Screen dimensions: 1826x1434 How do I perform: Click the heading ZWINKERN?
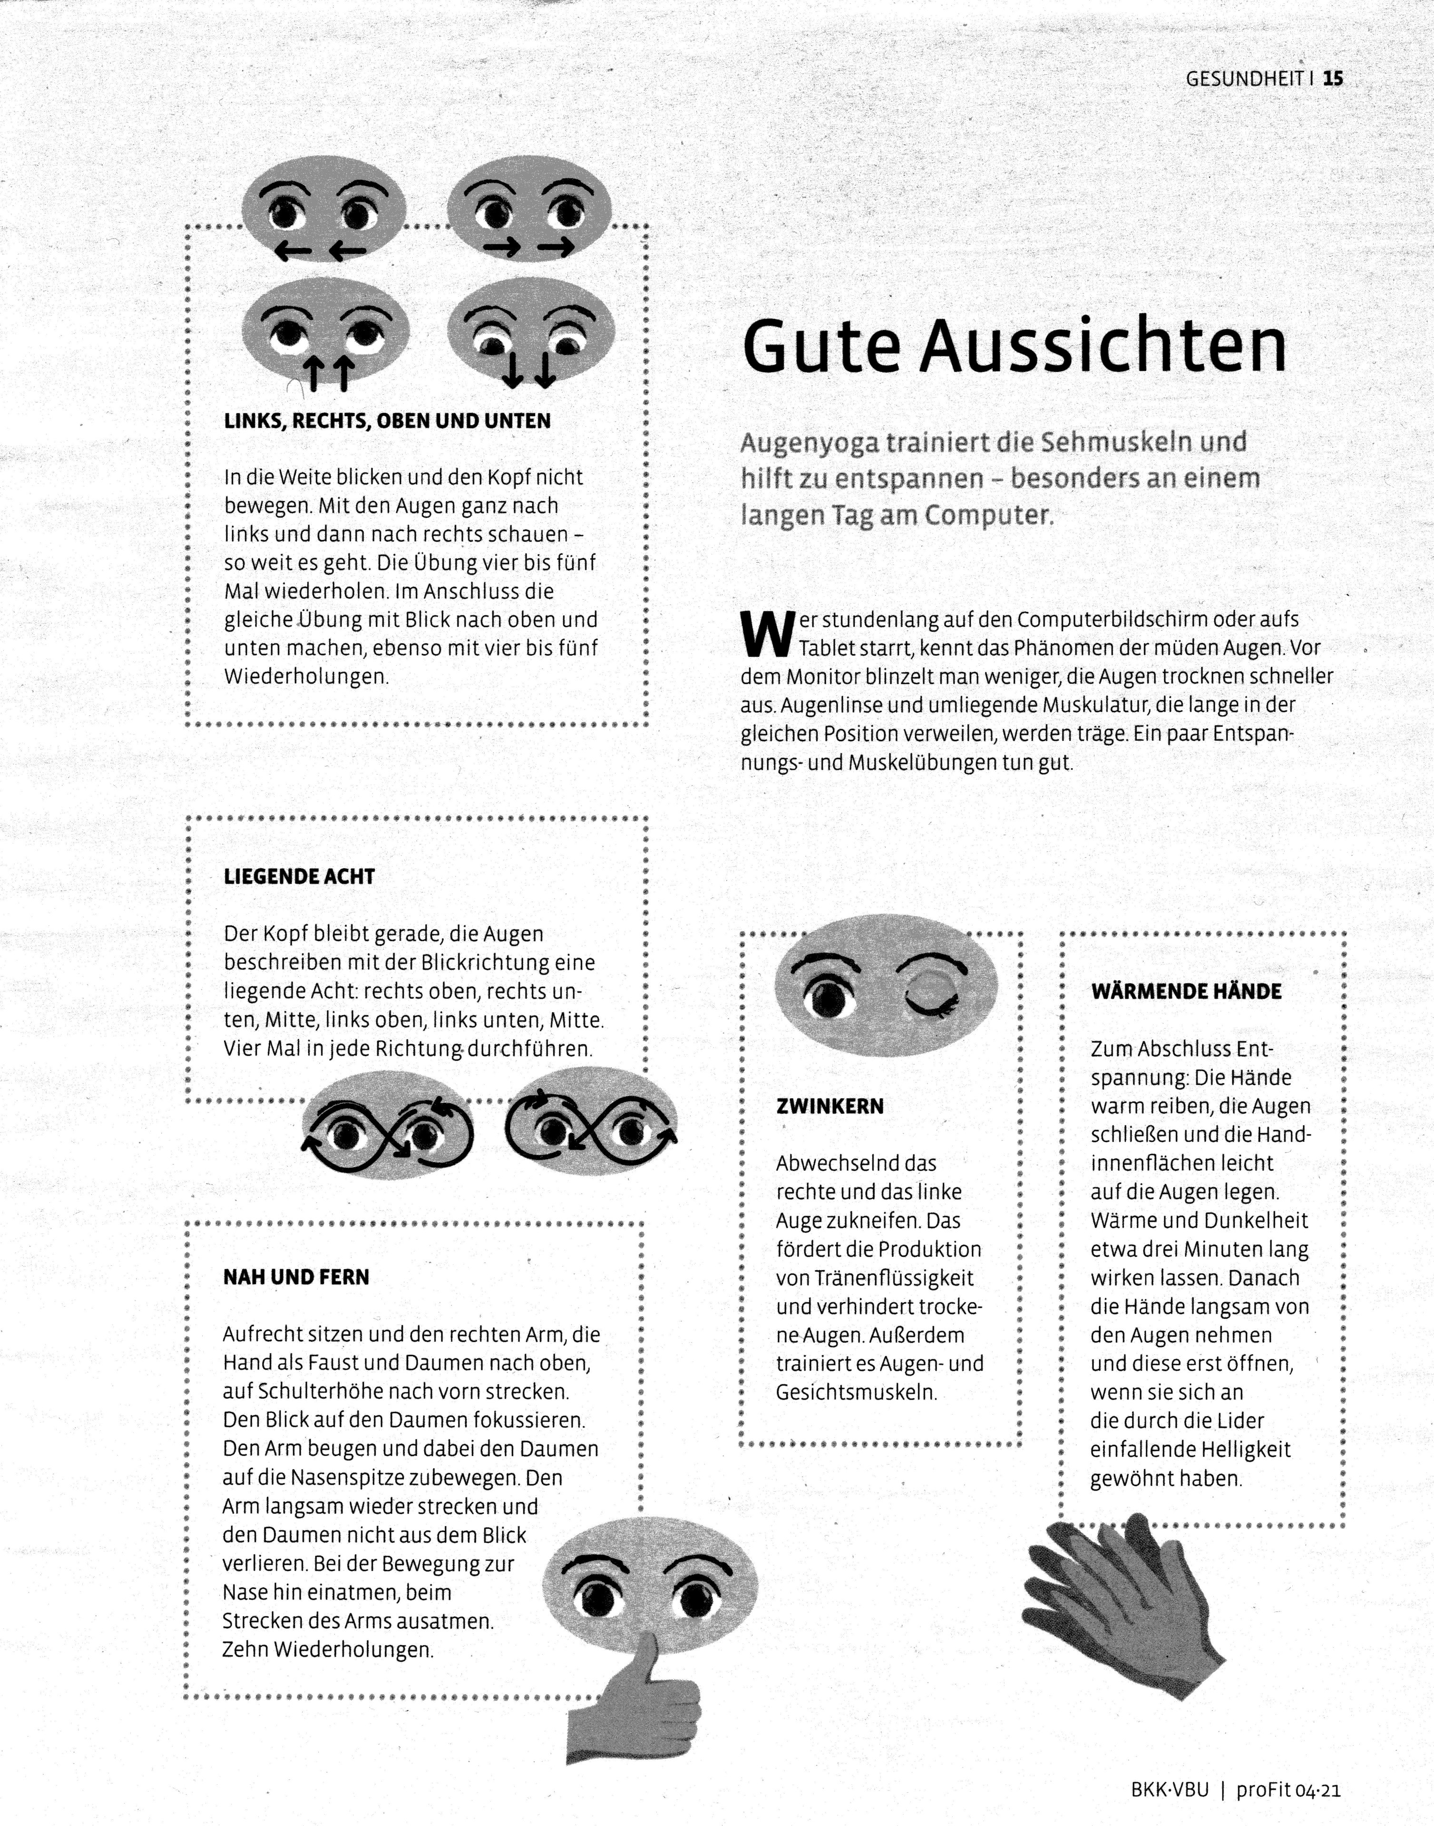(829, 1106)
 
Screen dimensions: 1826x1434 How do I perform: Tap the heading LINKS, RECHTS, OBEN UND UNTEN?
(387, 421)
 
